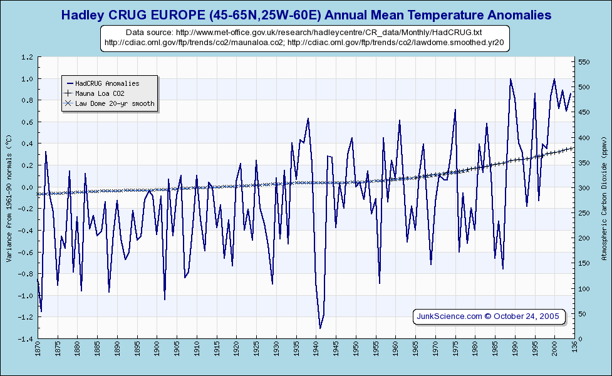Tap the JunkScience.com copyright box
(x=489, y=316)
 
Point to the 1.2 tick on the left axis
(x=27, y=57)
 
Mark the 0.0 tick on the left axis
(x=27, y=187)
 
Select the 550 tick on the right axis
(x=584, y=62)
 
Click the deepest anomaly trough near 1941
(x=320, y=328)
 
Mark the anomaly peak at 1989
(x=511, y=79)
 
